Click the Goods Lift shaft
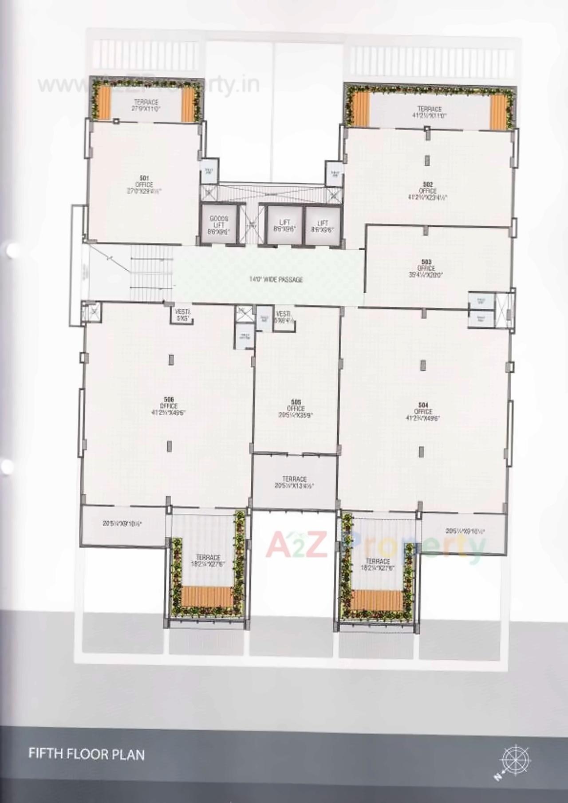219,224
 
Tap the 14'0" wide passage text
276,279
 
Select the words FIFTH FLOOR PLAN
87,754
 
